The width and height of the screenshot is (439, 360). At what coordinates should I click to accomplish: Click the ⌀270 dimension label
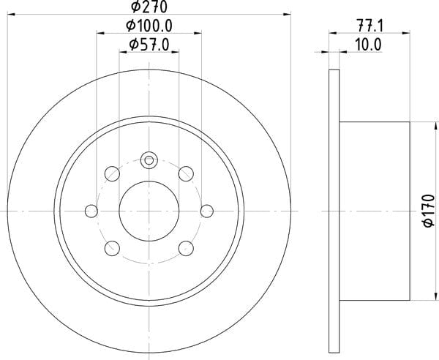149,7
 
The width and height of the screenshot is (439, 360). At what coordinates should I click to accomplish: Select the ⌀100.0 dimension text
149,26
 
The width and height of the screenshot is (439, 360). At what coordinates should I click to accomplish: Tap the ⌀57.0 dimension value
149,45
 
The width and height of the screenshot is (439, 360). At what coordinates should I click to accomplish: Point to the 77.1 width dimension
369,26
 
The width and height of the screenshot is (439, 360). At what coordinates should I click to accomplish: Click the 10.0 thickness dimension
368,45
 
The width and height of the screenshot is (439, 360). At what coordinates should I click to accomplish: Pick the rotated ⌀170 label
429,211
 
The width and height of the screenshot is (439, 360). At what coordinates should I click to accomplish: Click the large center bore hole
149,211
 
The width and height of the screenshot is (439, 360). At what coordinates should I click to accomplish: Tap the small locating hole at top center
149,160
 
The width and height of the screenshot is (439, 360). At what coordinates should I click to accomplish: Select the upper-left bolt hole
112,173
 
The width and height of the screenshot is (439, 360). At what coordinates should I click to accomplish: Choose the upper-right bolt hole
186,173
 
